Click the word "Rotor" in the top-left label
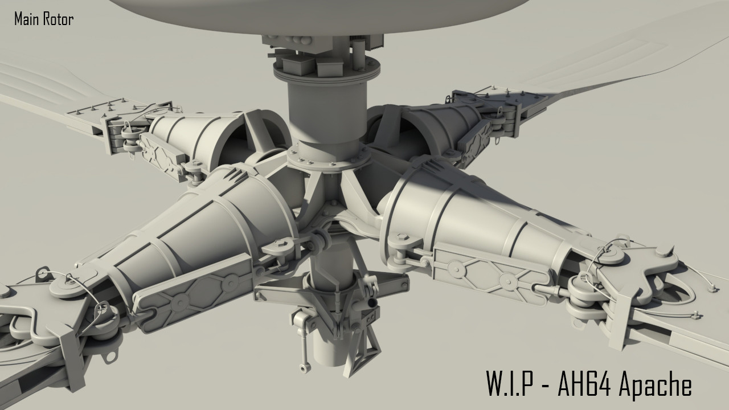tap(59, 19)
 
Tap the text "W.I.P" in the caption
tap(509, 385)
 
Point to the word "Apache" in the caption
tap(655, 385)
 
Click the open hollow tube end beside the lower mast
tap(372, 301)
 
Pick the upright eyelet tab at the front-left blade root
tap(41, 275)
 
